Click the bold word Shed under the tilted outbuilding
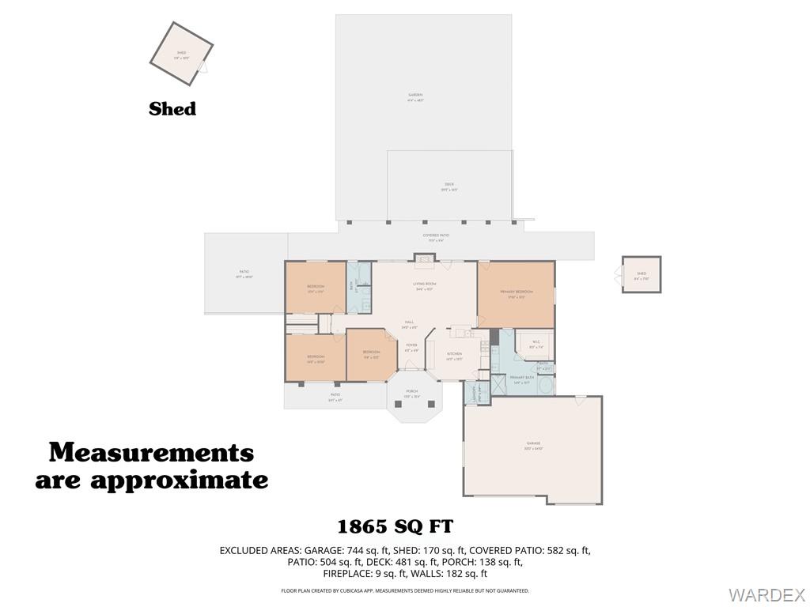(172, 109)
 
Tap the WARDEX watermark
(766, 594)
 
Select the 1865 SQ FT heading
(396, 526)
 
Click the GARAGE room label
(533, 444)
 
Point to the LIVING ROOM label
(425, 284)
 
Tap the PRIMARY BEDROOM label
(516, 292)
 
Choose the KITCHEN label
(454, 354)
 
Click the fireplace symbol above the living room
(424, 257)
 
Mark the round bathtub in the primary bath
(544, 386)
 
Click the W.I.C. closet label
(536, 342)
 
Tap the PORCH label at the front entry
(412, 391)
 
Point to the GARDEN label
(415, 96)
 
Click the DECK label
(449, 185)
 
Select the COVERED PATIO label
(436, 236)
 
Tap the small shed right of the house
(641, 275)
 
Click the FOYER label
(411, 345)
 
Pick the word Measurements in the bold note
(151, 453)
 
